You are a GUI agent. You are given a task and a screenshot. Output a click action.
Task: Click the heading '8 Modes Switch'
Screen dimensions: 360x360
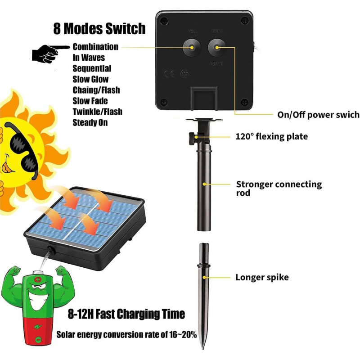pyautogui.click(x=99, y=29)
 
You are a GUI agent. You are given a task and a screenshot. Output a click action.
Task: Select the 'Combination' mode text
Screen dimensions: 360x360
pyautogui.click(x=95, y=47)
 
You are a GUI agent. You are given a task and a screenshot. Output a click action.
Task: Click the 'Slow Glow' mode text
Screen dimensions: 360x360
pyautogui.click(x=90, y=79)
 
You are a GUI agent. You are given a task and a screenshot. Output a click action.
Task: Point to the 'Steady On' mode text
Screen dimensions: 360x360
pyautogui.click(x=90, y=122)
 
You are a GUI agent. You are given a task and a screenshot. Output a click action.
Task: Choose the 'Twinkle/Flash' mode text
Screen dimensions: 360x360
pyautogui.click(x=97, y=112)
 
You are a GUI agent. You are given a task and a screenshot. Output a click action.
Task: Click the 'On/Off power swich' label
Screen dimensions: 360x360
pyautogui.click(x=318, y=115)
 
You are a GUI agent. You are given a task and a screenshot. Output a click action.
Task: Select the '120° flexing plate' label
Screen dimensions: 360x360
pyautogui.click(x=271, y=136)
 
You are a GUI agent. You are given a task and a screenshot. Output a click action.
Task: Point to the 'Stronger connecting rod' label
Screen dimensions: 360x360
pyautogui.click(x=279, y=188)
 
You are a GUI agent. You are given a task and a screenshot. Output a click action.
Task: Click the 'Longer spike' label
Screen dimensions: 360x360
pyautogui.click(x=262, y=277)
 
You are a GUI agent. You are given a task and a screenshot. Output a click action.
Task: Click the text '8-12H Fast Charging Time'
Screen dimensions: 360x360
pyautogui.click(x=126, y=314)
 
